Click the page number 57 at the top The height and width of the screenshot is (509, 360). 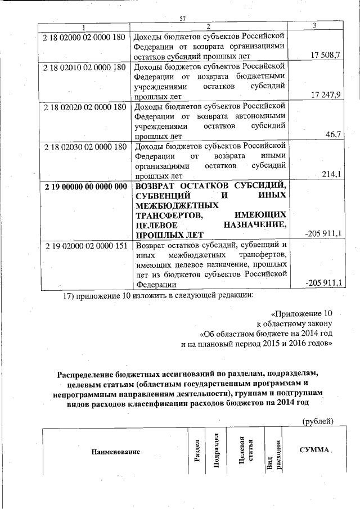click(182, 19)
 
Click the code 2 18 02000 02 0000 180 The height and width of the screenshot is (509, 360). click(84, 35)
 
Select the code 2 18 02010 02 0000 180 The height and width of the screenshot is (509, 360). click(84, 67)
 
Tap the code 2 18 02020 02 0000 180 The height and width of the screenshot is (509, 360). click(84, 107)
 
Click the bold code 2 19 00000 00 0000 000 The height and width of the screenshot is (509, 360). click(84, 187)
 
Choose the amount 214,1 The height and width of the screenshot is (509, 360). click(330, 175)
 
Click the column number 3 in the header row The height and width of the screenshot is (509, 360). click(314, 26)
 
